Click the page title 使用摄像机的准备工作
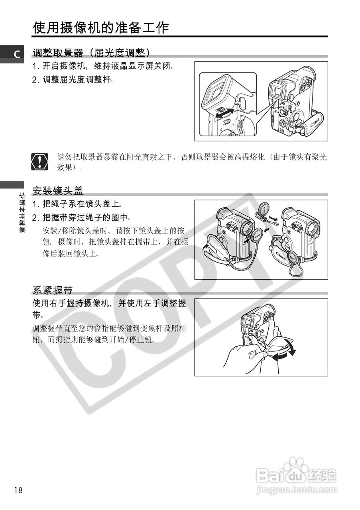pos(101,28)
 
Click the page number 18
pos(18,490)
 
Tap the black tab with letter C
pos(16,55)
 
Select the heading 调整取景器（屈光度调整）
pos(91,53)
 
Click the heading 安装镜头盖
pos(58,191)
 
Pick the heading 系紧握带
pos(53,290)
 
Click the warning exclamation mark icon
pos(39,161)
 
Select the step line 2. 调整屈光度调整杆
pos(73,79)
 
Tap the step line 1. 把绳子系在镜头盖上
pos(77,204)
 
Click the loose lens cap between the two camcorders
pos(264,209)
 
